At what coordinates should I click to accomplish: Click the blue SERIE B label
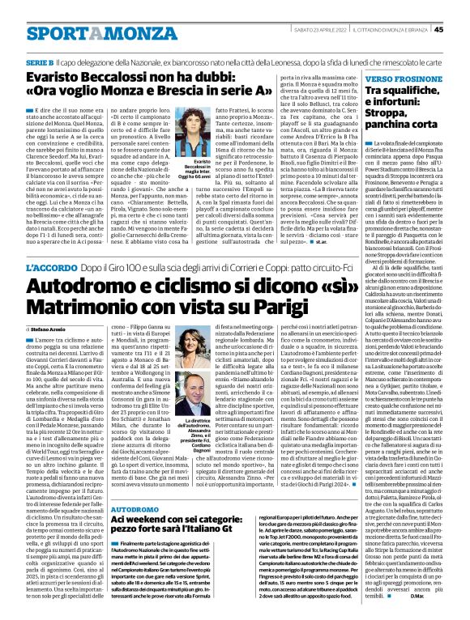[40, 62]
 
